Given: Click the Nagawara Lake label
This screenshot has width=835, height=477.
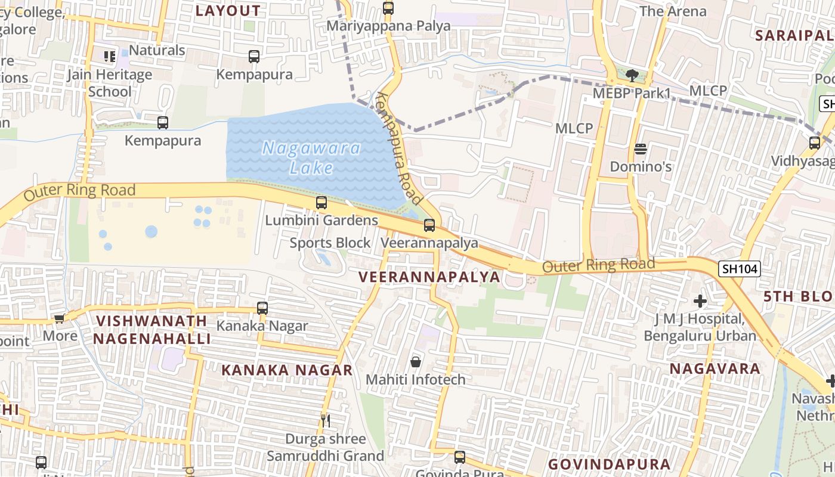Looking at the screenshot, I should pos(311,157).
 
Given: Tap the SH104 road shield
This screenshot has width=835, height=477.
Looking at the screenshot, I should pos(739,269).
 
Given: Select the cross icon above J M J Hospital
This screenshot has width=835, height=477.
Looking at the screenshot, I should pos(700,301).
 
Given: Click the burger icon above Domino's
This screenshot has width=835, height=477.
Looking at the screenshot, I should pos(641,148).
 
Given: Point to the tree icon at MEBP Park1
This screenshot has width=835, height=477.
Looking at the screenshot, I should pos(632,76).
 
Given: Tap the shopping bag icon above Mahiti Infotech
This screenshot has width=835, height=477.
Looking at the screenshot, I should pos(416,362).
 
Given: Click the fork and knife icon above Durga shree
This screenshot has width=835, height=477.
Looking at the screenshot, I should pos(326,420).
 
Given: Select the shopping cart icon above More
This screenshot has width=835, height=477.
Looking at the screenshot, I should pos(59,318).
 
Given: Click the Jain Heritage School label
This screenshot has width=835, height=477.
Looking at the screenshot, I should pos(110,83).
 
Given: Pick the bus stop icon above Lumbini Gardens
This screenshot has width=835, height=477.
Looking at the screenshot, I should pos(321,203).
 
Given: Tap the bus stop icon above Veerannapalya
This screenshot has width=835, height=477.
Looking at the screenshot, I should pos(429,225).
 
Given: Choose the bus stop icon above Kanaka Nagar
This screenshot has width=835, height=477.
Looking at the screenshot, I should pos(262,308).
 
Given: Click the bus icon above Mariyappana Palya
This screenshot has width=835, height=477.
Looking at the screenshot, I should pos(388,8).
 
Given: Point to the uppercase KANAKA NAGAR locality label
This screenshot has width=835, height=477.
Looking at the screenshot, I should pos(287,370).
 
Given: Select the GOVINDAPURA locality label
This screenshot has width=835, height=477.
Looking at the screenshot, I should pos(609,464).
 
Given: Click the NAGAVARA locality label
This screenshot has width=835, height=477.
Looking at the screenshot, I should pos(715,368).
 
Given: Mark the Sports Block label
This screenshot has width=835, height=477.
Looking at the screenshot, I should pos(330,243).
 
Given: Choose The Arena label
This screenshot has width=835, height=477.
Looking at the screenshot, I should pos(672,11).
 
